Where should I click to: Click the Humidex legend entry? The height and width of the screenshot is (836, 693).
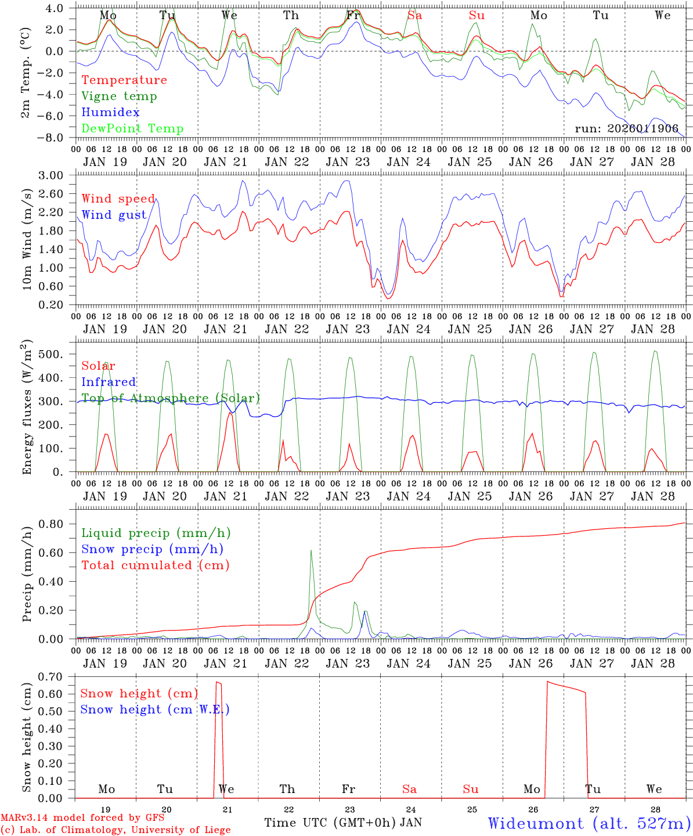pos(110,113)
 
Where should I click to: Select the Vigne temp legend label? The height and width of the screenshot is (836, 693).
pos(119,96)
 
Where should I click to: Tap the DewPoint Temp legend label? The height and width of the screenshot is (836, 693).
pos(132,129)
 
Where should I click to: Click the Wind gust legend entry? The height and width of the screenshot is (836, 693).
pos(114,215)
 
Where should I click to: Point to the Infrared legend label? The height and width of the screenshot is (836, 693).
pos(109,382)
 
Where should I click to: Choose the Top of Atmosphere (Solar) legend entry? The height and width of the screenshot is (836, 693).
pos(170,398)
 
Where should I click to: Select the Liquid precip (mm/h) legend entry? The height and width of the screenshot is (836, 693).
pos(156,533)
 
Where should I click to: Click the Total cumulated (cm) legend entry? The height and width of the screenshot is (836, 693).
pos(155,565)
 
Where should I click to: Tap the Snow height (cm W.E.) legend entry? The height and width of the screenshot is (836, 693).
pos(155,709)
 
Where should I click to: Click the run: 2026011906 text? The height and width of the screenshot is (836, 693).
pos(626,129)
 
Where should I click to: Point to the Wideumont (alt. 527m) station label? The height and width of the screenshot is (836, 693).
pos(589,823)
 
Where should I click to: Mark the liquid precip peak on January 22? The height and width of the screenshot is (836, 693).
pos(311,550)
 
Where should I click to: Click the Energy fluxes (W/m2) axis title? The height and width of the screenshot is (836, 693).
pos(27,409)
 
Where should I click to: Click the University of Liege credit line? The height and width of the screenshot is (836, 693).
pos(115,830)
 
